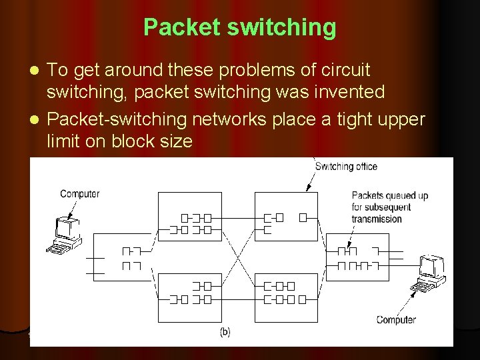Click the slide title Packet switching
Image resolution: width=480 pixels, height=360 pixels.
[239, 27]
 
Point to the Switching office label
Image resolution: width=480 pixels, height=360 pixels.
[345, 167]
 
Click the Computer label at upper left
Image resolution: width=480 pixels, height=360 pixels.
[79, 194]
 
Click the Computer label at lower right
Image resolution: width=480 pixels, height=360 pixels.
[396, 319]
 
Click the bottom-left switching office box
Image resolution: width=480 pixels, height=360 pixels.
[191, 293]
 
